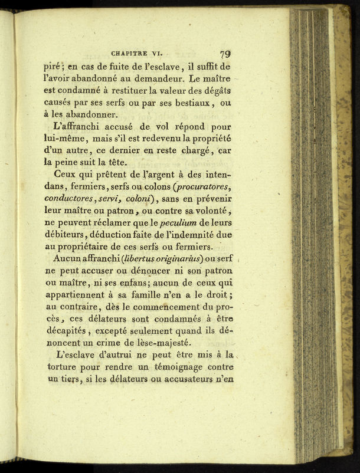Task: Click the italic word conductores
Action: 70,200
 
